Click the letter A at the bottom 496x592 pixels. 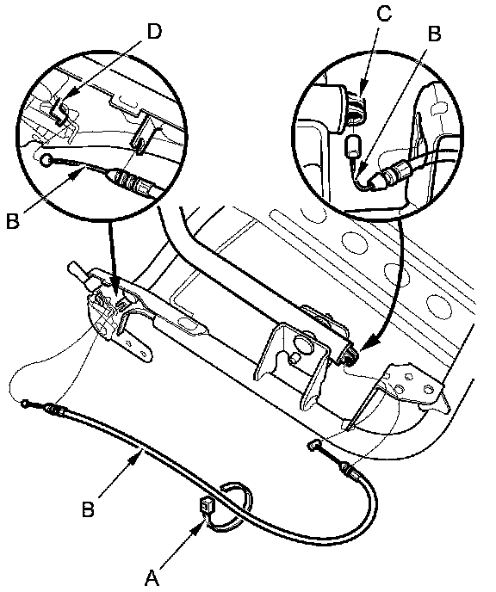pyautogui.click(x=152, y=577)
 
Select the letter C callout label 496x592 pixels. pyautogui.click(x=384, y=14)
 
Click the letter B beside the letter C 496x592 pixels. pyautogui.click(x=434, y=34)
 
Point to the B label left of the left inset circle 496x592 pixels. pyautogui.click(x=12, y=220)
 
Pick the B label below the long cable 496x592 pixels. pyautogui.click(x=88, y=509)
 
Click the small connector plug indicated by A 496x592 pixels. pyautogui.click(x=207, y=505)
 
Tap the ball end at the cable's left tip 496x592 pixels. pyautogui.click(x=25, y=404)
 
